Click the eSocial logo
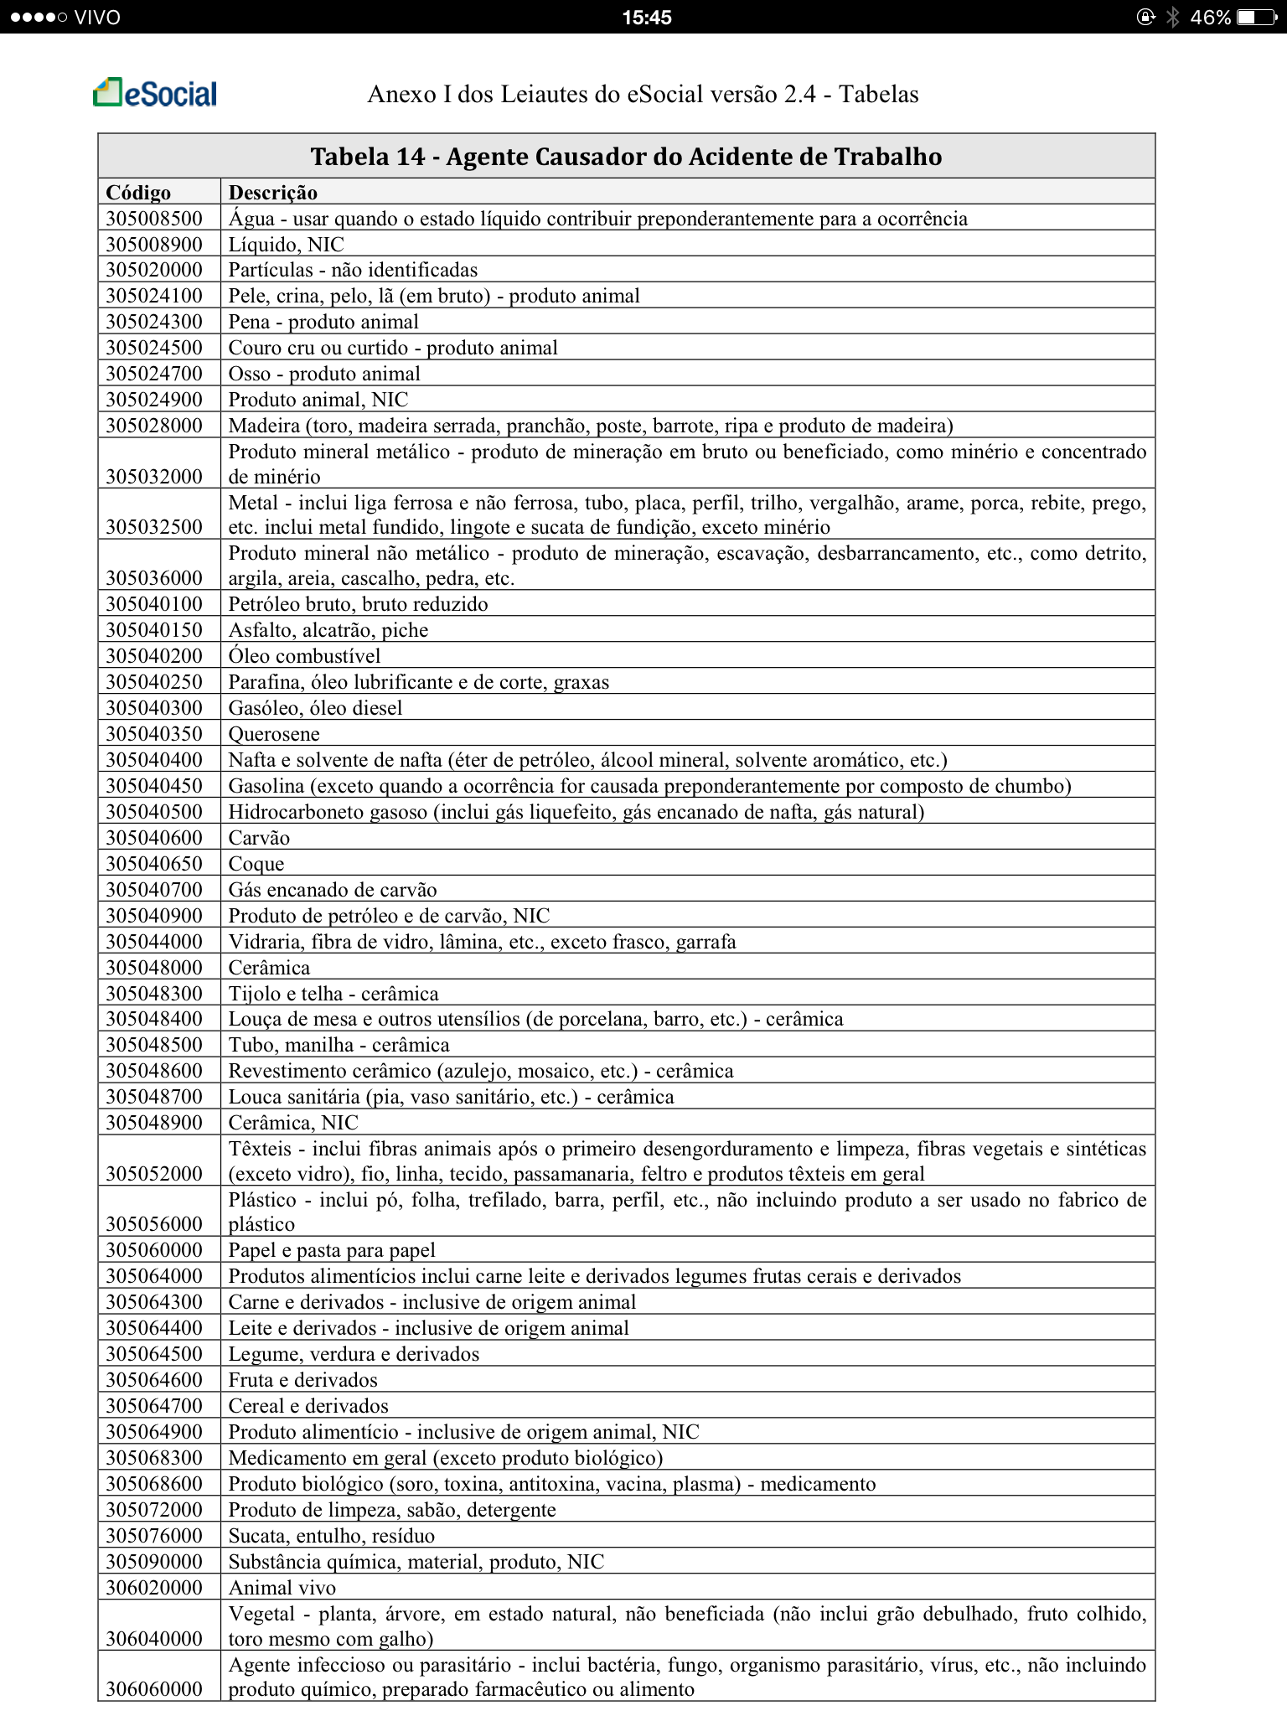155,93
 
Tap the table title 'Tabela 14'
626,157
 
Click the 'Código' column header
138,193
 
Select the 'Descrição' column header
273,193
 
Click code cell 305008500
154,219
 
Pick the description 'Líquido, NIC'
287,245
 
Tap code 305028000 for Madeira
154,426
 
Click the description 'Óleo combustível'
305,656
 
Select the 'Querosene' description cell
274,734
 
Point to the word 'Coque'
256,864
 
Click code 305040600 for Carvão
154,838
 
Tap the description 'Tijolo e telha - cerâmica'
333,994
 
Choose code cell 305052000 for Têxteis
154,1173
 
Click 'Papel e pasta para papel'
332,1250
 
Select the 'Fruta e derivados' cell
303,1380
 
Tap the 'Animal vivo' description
282,1588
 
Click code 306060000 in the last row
154,1688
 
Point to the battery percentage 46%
1210,17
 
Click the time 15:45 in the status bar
647,17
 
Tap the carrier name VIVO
97,17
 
